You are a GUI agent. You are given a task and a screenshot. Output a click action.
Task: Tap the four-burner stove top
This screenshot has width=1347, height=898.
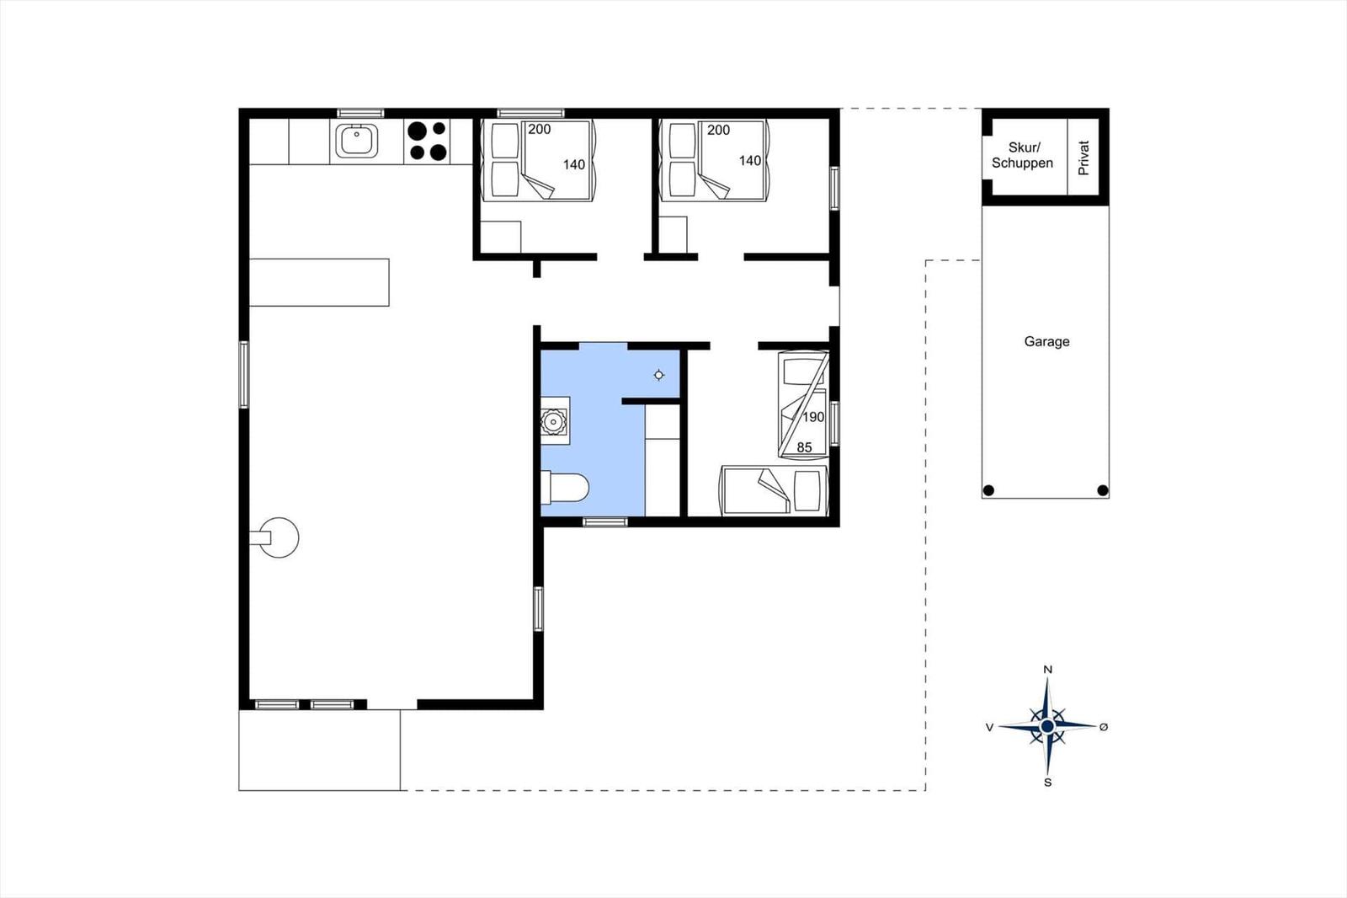click(427, 141)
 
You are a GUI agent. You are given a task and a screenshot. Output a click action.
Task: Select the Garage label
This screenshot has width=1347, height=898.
click(1047, 341)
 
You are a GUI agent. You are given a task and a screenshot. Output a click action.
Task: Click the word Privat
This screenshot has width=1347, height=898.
click(1083, 158)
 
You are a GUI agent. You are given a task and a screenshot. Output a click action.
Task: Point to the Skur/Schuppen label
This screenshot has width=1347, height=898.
click(1022, 155)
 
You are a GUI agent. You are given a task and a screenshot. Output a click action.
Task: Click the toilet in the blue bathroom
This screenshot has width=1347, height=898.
click(564, 487)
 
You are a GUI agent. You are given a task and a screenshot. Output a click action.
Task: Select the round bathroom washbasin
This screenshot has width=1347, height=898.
click(553, 421)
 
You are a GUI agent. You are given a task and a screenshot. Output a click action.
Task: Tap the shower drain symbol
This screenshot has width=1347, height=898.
click(659, 375)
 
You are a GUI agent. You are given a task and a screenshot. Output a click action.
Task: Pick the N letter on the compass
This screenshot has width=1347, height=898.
click(1047, 670)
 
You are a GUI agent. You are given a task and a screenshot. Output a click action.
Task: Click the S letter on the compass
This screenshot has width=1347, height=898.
click(1047, 783)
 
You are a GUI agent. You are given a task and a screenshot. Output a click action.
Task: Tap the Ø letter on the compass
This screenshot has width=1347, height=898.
click(1104, 727)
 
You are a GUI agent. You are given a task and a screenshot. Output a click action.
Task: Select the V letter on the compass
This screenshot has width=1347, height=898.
click(989, 728)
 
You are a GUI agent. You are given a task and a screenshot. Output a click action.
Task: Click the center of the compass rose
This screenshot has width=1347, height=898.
click(1047, 726)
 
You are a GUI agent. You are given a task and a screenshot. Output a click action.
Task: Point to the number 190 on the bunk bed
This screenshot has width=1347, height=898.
click(813, 416)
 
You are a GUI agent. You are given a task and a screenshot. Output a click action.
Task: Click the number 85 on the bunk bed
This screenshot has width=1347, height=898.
click(804, 447)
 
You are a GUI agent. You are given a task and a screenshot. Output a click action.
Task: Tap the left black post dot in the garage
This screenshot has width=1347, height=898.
click(988, 490)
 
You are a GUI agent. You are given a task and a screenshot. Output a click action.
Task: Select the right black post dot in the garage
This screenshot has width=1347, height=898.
click(1102, 490)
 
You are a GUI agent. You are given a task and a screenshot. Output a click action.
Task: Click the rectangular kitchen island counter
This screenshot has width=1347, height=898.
click(319, 282)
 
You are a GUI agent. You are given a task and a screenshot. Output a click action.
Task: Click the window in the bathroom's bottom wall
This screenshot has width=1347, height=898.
click(605, 521)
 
